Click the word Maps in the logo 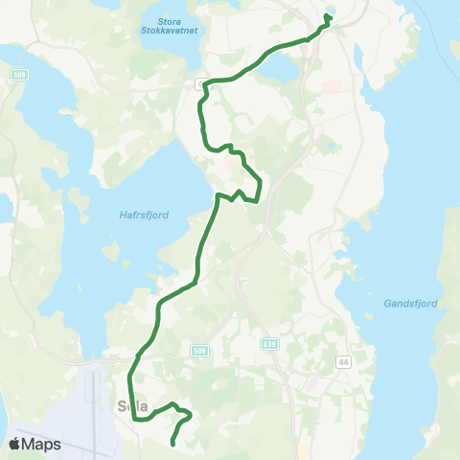tap(42, 444)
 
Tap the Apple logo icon tap(16, 444)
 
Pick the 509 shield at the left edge tap(18, 74)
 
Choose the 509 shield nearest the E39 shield tap(198, 351)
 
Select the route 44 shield tap(342, 361)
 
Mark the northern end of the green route tap(329, 16)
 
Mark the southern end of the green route tap(172, 443)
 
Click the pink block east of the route tap(332, 86)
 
